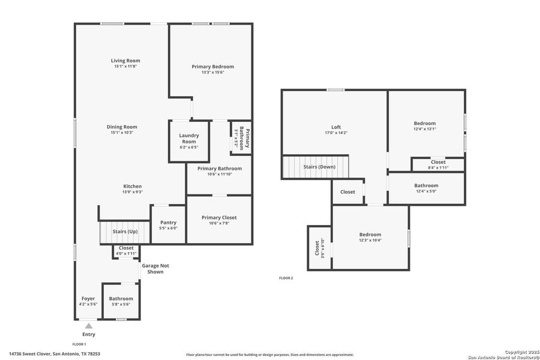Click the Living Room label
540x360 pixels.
pyautogui.click(x=125, y=61)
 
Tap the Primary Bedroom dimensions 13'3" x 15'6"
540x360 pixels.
pyautogui.click(x=212, y=73)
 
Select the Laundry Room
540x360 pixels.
pyautogui.click(x=189, y=139)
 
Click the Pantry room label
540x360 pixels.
pyautogui.click(x=168, y=223)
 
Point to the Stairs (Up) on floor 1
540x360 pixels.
pyautogui.click(x=125, y=232)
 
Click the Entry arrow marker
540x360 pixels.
pyautogui.click(x=88, y=326)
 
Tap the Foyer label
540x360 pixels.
pyautogui.click(x=88, y=298)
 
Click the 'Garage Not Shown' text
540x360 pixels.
pyautogui.click(x=152, y=268)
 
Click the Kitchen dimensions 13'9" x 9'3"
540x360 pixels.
pyautogui.click(x=133, y=192)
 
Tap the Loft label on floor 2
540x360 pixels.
pyautogui.click(x=336, y=127)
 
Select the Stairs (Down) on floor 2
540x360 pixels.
pyautogui.click(x=319, y=167)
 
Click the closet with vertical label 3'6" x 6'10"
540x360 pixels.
pyautogui.click(x=319, y=248)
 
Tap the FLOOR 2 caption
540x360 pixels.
pyautogui.click(x=286, y=278)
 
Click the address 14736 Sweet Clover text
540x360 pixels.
pyautogui.click(x=55, y=354)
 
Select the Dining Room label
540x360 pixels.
pyautogui.click(x=122, y=127)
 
